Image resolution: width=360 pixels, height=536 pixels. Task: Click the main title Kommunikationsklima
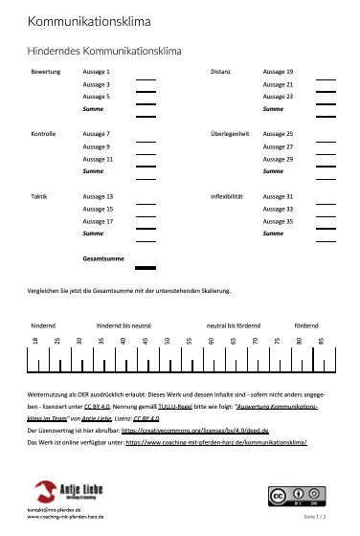click(x=89, y=21)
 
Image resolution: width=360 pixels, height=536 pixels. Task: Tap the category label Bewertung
click(x=46, y=72)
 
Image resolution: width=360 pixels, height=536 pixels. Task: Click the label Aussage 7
click(x=97, y=134)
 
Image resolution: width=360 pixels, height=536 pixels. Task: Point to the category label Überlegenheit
click(x=230, y=134)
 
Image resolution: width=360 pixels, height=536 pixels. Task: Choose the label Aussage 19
click(x=278, y=72)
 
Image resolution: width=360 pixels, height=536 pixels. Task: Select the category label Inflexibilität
click(x=227, y=196)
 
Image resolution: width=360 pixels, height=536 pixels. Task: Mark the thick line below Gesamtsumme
click(x=146, y=268)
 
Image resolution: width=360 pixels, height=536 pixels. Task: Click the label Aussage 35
click(x=278, y=221)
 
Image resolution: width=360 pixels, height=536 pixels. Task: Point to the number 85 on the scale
click(x=322, y=340)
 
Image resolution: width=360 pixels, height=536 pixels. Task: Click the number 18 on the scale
click(x=35, y=340)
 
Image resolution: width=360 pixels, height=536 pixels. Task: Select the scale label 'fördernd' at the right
click(x=306, y=325)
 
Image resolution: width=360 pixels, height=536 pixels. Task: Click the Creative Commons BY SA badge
click(x=292, y=496)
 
